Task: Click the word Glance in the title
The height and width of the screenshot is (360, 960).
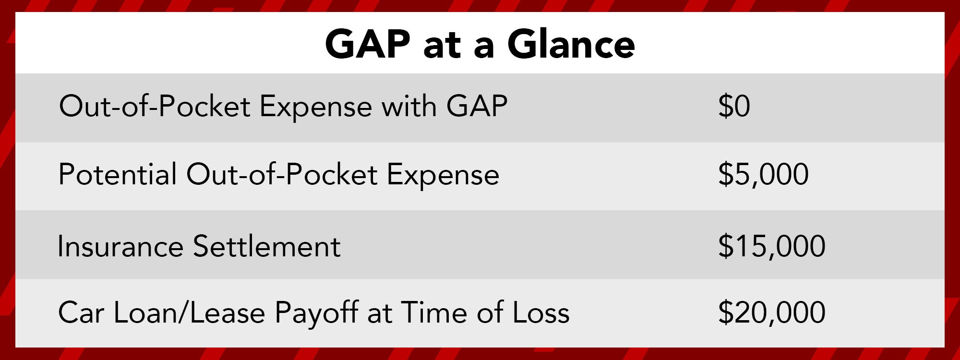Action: (x=571, y=44)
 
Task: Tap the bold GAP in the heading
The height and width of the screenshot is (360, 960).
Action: (x=368, y=44)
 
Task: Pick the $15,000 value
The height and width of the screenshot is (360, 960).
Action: (x=771, y=246)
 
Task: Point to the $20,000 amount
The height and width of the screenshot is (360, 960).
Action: (x=771, y=312)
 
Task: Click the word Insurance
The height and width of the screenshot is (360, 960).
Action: (x=120, y=247)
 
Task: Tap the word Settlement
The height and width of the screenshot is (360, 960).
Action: (x=267, y=247)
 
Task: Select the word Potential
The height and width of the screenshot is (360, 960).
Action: (x=118, y=174)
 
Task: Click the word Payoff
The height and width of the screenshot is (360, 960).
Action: (x=316, y=313)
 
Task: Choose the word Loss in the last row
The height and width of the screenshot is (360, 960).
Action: (x=541, y=313)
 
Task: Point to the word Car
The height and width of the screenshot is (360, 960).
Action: (x=81, y=313)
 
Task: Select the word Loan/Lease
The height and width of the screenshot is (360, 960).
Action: (x=189, y=313)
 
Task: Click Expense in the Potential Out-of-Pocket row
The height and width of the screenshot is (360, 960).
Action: (x=443, y=175)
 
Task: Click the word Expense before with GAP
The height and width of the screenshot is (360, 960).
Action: (x=315, y=107)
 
